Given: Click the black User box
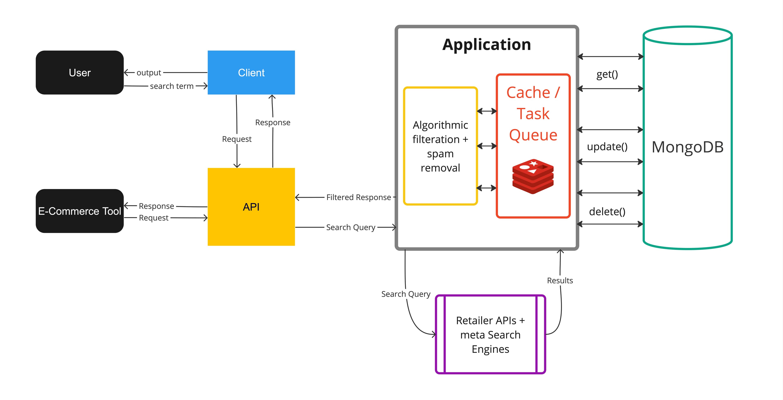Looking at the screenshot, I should [80, 72].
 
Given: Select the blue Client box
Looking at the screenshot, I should [251, 72].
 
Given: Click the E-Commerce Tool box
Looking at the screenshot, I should [80, 211].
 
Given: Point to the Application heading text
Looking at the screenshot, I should [486, 45].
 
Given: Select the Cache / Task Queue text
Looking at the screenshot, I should [533, 114].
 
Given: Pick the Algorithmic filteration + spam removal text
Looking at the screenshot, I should [440, 146].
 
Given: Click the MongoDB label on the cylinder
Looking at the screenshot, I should [688, 147].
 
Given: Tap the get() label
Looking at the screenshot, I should [607, 74].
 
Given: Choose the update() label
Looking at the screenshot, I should [607, 147].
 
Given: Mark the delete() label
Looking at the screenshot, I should [607, 212].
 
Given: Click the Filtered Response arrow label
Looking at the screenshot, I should [358, 197].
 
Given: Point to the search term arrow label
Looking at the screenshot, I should [172, 86].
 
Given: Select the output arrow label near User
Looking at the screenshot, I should [149, 72].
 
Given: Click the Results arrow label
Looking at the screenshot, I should [560, 281].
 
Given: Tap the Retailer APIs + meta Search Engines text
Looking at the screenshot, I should [490, 335].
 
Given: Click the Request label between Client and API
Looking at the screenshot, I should [237, 139].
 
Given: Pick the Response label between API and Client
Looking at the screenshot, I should [273, 122].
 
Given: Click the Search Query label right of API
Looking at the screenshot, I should [351, 227].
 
